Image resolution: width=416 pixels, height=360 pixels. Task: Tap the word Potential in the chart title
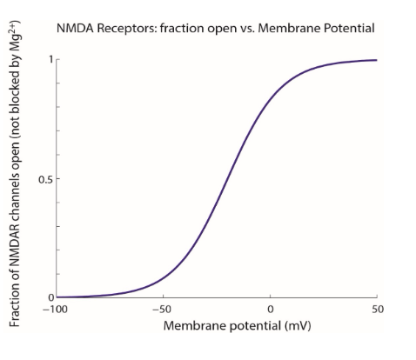[x=347, y=29]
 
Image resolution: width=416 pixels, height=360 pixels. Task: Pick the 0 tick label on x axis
[x=271, y=310]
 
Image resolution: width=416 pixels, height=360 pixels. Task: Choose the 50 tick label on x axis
[x=376, y=310]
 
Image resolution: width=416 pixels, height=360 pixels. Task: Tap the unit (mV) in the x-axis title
[x=296, y=327]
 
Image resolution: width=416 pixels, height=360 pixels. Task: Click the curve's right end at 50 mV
[x=377, y=60]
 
